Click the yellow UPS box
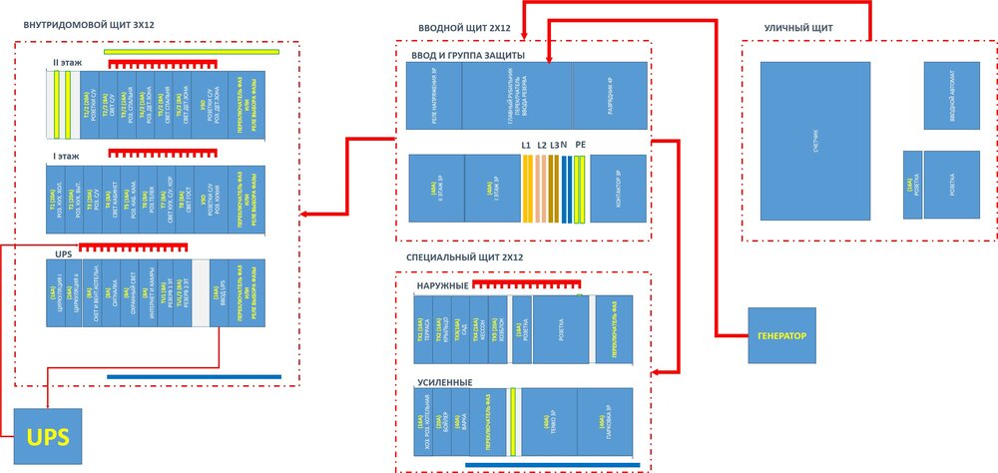(47, 437)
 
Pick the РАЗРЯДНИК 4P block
(611, 95)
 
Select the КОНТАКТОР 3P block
(619, 189)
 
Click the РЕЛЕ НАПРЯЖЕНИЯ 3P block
(433, 95)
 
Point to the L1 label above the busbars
(526, 146)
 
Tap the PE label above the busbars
(581, 146)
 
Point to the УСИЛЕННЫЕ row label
(443, 381)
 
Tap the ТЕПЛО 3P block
(551, 426)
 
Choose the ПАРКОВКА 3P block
(607, 426)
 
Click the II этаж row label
(67, 63)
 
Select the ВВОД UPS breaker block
(217, 293)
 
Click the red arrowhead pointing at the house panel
(305, 214)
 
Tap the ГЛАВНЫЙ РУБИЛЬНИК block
(517, 95)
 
